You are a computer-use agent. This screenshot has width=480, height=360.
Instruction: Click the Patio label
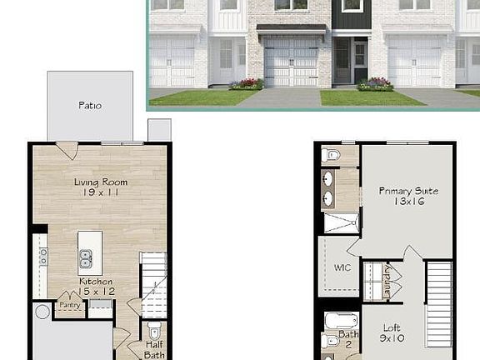pyautogui.click(x=90, y=106)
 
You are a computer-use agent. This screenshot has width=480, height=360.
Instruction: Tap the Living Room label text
pyautogui.click(x=101, y=182)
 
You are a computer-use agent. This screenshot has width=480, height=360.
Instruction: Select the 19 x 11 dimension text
pyautogui.click(x=100, y=192)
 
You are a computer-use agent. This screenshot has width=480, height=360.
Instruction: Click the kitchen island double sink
pyautogui.click(x=86, y=258)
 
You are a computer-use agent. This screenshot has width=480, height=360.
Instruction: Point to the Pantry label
pyautogui.click(x=70, y=305)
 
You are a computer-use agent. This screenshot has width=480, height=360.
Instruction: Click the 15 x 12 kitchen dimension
pyautogui.click(x=97, y=292)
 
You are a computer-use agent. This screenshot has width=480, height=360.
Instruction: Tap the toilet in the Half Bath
pyautogui.click(x=154, y=330)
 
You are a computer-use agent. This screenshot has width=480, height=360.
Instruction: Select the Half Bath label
pyautogui.click(x=154, y=350)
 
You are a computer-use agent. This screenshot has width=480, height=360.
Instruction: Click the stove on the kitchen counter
pyautogui.click(x=44, y=257)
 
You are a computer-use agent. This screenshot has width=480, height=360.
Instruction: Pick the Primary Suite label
pyautogui.click(x=408, y=191)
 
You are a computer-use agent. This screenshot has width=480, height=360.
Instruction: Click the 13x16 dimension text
pyautogui.click(x=409, y=202)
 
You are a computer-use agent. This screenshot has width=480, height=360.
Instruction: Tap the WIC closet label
pyautogui.click(x=342, y=267)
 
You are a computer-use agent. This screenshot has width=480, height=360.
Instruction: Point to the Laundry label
pyautogui.click(x=387, y=282)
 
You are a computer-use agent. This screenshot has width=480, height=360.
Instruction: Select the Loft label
pyautogui.click(x=392, y=328)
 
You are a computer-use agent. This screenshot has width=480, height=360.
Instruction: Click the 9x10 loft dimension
pyautogui.click(x=392, y=338)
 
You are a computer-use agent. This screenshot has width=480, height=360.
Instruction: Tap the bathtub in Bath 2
pyautogui.click(x=342, y=322)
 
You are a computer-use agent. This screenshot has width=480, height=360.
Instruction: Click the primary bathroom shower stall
pyautogui.click(x=342, y=223)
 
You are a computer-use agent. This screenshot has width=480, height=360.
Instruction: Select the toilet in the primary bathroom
pyautogui.click(x=330, y=155)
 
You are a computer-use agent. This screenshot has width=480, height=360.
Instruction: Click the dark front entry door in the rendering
pyautogui.click(x=360, y=61)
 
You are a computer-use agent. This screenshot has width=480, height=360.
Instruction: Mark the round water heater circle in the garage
pyautogui.click(x=42, y=312)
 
